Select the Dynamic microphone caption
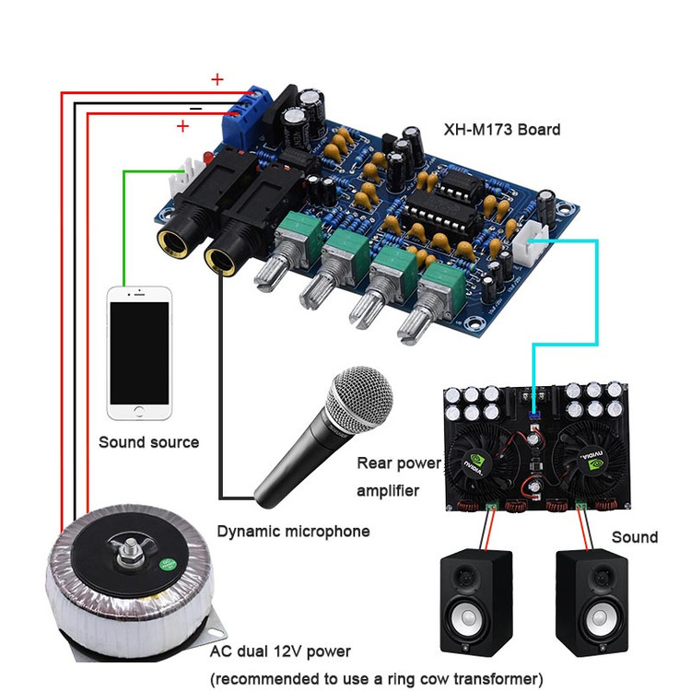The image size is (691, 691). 293,531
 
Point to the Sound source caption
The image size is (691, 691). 148,442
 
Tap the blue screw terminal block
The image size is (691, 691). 251,109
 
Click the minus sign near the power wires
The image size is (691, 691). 195,107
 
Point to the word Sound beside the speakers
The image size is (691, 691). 635,537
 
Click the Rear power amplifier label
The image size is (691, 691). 399,476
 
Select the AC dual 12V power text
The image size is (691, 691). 280,651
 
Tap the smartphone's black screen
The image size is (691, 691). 139,352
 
